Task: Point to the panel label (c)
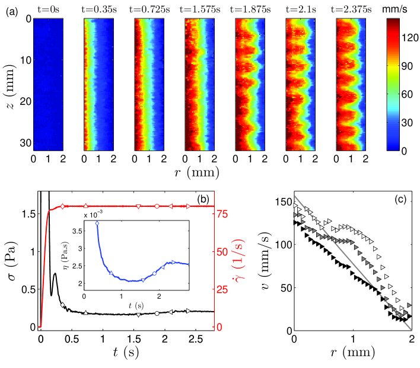coord(402,200)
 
